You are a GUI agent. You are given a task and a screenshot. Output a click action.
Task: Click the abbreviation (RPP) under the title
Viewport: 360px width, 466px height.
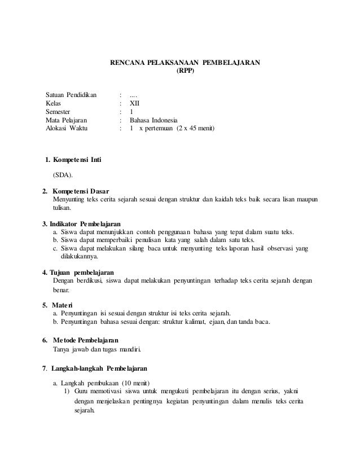185,72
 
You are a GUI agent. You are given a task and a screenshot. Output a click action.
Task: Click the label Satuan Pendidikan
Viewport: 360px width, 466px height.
71,93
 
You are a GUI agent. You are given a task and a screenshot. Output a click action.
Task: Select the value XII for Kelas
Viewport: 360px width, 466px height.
134,103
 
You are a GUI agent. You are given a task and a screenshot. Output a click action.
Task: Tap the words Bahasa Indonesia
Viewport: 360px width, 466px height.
153,120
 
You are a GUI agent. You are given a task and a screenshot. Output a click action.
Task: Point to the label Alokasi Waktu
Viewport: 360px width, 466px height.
67,129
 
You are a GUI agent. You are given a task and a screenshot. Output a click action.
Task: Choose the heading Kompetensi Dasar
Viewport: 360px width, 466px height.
80,191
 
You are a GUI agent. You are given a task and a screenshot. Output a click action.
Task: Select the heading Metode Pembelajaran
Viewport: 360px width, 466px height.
85,340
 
